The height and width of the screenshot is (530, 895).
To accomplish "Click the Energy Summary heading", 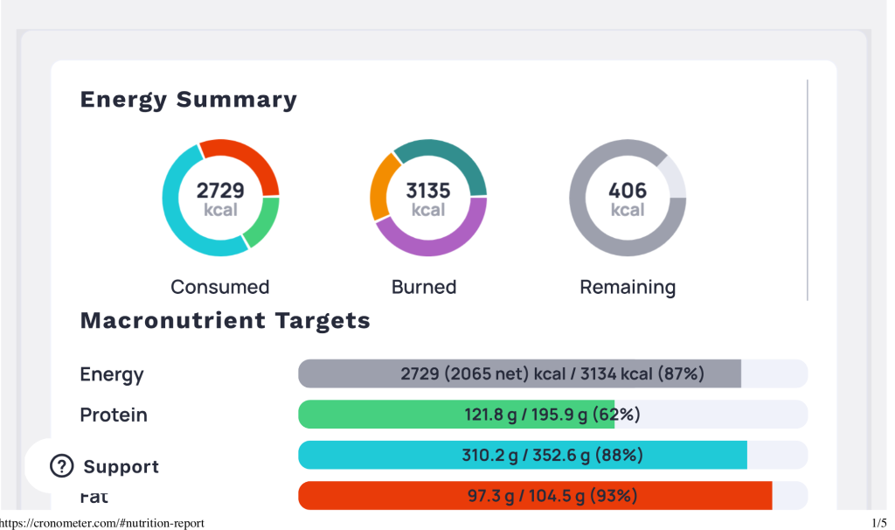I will (x=188, y=100).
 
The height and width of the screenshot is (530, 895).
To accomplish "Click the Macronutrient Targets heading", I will (x=225, y=321).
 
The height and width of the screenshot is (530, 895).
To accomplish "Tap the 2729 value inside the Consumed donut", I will (x=220, y=191).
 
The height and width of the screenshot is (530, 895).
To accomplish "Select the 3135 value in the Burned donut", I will (x=428, y=191).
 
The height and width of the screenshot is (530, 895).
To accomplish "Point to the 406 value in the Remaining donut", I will (x=628, y=191).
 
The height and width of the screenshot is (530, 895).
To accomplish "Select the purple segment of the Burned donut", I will (x=437, y=246).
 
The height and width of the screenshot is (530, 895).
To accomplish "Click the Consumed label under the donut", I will (x=220, y=287).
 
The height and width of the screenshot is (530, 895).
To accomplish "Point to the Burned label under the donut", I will (x=424, y=287).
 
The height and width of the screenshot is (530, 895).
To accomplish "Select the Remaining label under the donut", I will (x=628, y=287).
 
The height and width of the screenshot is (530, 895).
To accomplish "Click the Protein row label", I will (x=114, y=415).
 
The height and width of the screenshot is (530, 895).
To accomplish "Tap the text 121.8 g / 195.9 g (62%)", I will (x=552, y=415).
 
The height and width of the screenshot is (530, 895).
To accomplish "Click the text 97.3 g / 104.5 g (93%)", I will (x=552, y=496).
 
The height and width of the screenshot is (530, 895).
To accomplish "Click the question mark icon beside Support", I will (x=62, y=466).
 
